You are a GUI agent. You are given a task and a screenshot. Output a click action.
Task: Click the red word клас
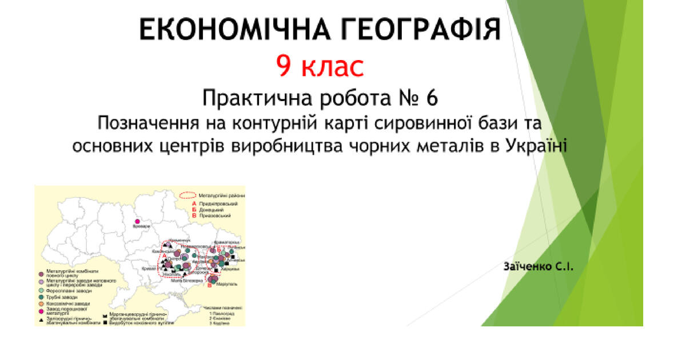coord(333,67)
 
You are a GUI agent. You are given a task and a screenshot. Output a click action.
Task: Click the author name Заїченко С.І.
coord(538,267)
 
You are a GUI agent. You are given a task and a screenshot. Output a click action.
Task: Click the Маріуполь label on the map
coord(227,284)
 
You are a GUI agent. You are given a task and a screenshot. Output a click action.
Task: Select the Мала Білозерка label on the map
coord(189,281)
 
